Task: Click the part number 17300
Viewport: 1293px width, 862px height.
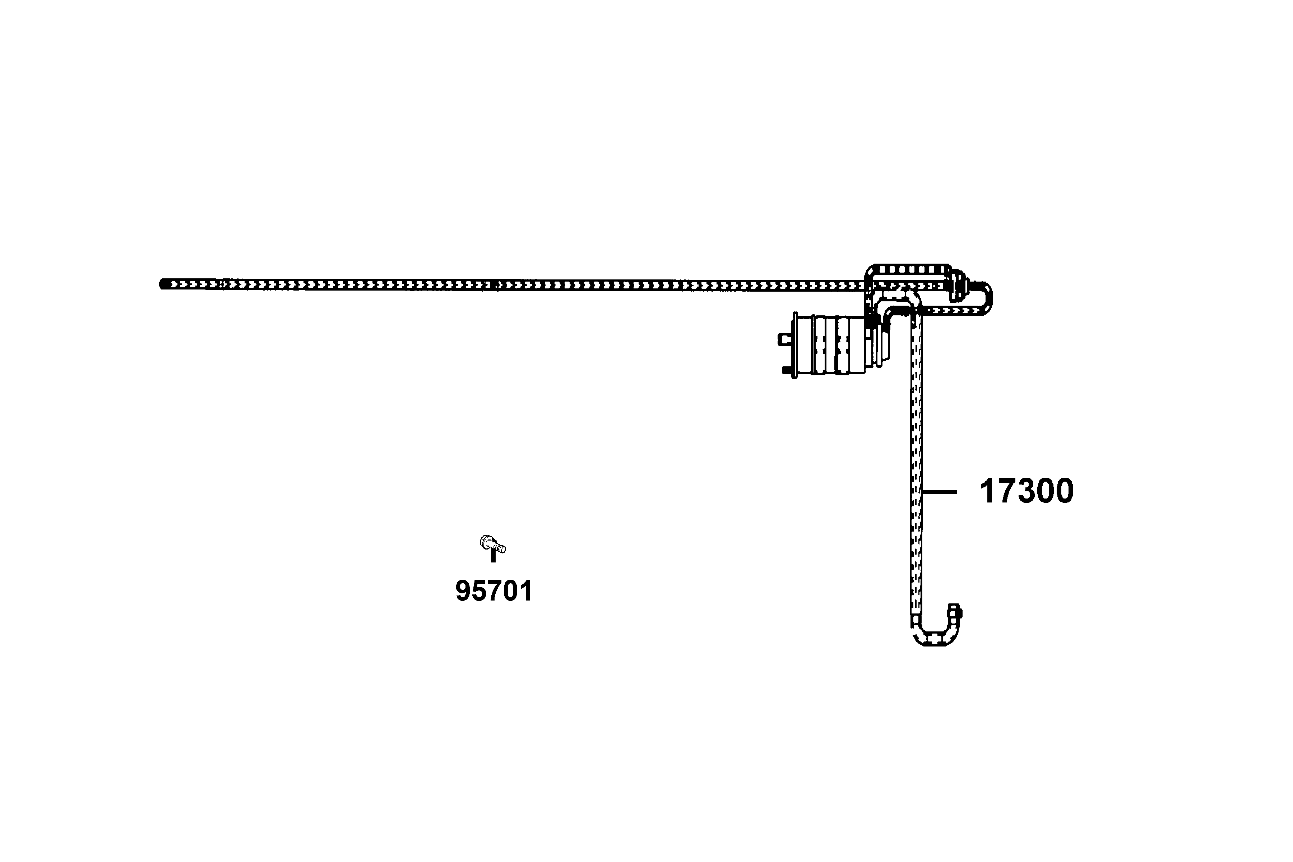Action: (1026, 491)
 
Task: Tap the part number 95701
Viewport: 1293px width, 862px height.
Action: (493, 591)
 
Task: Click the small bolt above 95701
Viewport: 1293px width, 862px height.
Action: (492, 545)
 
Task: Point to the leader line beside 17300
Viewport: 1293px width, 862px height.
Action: (940, 492)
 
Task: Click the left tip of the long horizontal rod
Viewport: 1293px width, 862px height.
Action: (163, 284)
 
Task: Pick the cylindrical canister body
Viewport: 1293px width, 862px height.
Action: (830, 345)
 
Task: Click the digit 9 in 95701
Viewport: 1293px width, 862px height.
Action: (463, 591)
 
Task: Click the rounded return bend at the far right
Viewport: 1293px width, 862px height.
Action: (986, 298)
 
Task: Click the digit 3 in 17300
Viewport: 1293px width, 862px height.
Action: (1026, 491)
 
